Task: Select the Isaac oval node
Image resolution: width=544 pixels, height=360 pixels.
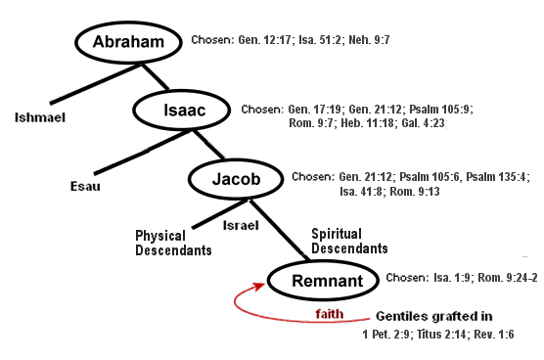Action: coord(183,111)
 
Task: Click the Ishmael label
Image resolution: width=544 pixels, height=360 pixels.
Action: coord(36,117)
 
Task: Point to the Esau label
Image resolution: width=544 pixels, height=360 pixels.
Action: coord(84,184)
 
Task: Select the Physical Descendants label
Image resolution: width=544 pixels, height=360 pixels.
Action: coord(174,242)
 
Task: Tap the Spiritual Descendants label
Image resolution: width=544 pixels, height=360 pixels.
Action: coord(349,241)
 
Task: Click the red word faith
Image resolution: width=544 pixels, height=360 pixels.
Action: coord(330,313)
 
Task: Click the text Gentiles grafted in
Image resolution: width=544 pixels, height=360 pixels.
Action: coord(434,317)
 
